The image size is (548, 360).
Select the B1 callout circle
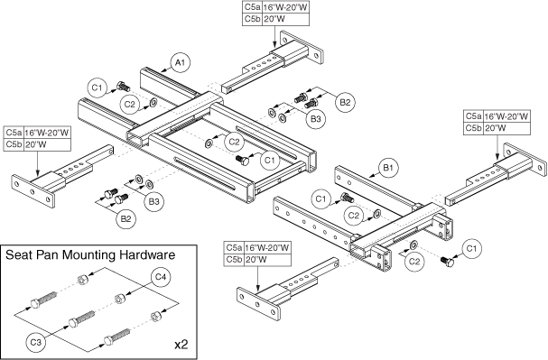click(388, 168)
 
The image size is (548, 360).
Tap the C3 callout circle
click(36, 343)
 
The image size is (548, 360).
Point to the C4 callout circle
click(161, 278)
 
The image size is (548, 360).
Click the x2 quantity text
click(181, 345)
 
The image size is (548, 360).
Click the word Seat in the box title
click(15, 255)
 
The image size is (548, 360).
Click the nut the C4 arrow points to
click(119, 300)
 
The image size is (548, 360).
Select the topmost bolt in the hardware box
click(43, 298)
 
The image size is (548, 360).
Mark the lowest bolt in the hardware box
click(116, 336)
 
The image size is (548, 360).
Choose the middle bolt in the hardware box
click(81, 318)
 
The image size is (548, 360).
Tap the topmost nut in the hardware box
click(83, 280)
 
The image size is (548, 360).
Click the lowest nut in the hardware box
click(155, 317)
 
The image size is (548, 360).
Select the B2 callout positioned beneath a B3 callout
click(125, 219)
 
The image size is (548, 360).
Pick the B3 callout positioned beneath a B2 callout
click(315, 119)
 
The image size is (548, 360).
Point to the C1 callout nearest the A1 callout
click(99, 88)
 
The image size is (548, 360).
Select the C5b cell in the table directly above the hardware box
click(14, 144)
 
